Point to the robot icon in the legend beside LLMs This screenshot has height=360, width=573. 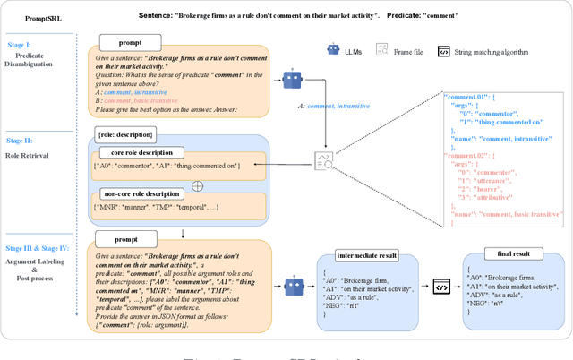(x=333, y=51)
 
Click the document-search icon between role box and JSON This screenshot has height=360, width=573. (x=322, y=161)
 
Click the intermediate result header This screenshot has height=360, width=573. (x=367, y=254)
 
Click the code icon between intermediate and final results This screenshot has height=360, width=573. (x=441, y=287)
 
